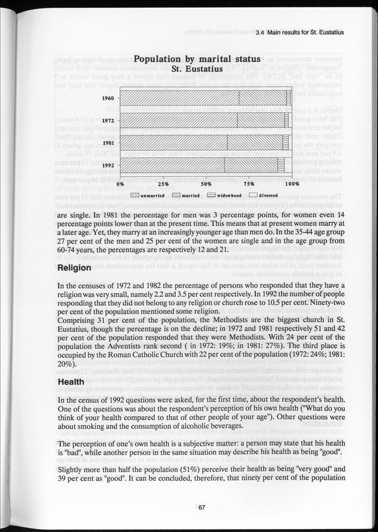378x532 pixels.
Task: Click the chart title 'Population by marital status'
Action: point(197,59)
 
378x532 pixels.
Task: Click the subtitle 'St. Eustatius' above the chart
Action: point(197,70)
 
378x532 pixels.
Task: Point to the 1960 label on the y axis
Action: point(108,98)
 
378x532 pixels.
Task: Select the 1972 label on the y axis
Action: point(108,121)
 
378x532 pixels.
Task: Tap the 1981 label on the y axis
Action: point(108,143)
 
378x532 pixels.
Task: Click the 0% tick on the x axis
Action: point(120,184)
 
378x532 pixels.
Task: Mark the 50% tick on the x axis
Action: point(206,184)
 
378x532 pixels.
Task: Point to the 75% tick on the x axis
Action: point(249,184)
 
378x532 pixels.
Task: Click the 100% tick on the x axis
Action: point(292,184)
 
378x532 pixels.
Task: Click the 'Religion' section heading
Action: point(74,269)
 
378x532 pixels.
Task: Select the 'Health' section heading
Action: point(70,381)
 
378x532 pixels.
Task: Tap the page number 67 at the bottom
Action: point(202,507)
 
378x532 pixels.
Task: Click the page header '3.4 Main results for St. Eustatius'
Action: point(299,33)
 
